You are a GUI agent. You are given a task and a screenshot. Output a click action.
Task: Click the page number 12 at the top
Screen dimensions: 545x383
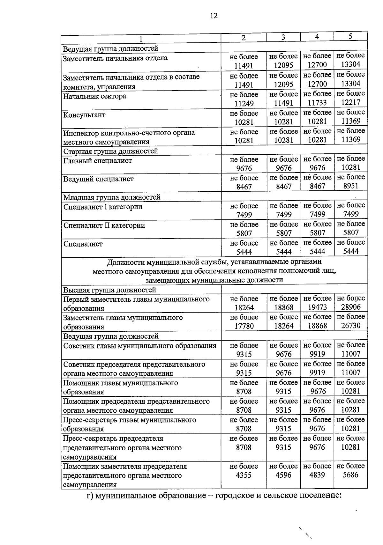214,16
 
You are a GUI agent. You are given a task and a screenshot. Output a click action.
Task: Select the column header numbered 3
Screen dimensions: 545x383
283,37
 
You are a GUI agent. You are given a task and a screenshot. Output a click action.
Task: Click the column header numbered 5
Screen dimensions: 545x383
350,36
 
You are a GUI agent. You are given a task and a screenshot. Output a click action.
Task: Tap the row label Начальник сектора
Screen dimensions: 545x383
94,96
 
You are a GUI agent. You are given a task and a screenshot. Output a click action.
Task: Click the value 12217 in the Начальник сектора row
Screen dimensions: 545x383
350,102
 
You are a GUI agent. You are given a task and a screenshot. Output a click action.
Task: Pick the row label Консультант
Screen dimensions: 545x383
84,115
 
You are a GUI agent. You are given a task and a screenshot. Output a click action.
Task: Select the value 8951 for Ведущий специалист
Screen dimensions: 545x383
350,186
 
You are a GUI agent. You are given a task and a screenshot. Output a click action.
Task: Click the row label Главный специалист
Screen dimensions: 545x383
97,161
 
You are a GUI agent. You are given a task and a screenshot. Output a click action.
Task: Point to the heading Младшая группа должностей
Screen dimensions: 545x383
112,197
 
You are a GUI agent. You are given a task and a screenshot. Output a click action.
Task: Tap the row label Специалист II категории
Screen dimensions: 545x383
104,225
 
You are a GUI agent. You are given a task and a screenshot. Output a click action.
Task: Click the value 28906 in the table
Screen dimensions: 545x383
350,307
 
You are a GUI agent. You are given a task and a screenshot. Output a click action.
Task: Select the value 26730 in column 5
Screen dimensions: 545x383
350,326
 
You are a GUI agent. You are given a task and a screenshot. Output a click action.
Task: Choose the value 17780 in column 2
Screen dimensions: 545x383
244,326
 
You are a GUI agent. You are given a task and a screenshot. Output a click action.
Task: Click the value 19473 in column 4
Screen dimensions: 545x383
317,307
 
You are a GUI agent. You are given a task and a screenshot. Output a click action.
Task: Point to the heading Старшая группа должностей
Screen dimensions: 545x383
110,151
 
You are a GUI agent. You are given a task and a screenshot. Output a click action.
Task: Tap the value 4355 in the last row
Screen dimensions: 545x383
244,475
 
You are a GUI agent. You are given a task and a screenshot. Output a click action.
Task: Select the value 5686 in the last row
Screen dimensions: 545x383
350,475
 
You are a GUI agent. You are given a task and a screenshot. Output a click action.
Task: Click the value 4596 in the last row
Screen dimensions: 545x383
283,475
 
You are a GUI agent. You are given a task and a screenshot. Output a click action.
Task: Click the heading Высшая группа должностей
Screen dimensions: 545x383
109,290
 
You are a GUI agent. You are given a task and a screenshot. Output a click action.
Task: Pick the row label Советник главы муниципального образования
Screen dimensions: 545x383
140,346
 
